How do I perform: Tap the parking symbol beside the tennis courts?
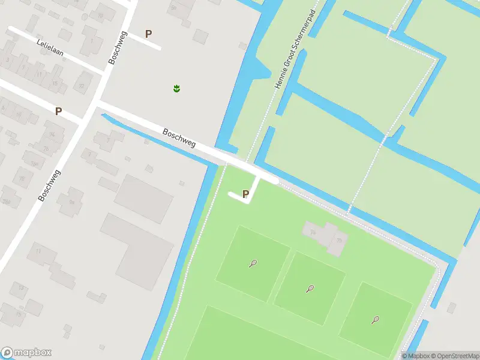(x=245, y=194)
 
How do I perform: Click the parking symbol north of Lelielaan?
(x=149, y=34)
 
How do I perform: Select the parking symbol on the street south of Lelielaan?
(x=58, y=111)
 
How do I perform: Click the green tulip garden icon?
(x=176, y=89)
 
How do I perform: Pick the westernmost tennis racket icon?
(x=253, y=263)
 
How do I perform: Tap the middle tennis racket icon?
(x=310, y=289)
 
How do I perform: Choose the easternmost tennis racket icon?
(x=376, y=320)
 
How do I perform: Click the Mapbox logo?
(x=26, y=353)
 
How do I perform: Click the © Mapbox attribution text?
(x=416, y=356)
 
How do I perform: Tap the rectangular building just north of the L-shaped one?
(x=144, y=198)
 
